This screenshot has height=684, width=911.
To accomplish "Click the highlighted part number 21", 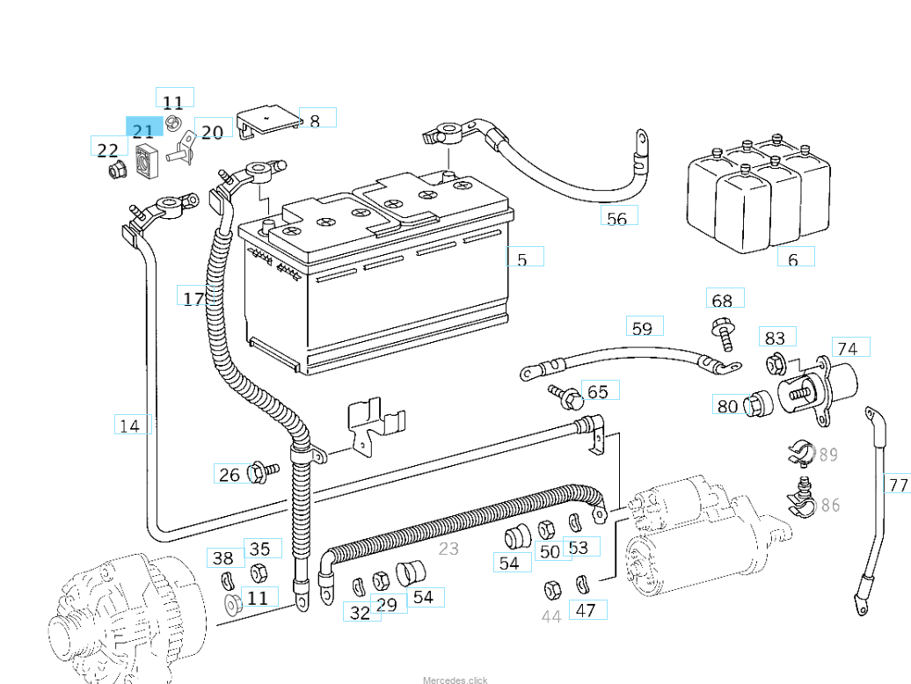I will tap(143, 131).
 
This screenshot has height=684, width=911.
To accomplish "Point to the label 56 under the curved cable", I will tap(617, 217).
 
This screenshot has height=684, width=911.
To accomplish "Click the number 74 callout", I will tap(849, 348).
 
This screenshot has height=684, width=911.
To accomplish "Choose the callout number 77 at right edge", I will tap(898, 484).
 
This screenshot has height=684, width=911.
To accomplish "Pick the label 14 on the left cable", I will tap(130, 426).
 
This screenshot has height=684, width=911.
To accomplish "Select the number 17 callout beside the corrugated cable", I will tap(193, 298).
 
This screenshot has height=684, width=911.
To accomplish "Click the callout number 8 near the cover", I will tap(316, 119).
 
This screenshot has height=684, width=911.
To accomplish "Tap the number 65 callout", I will tap(598, 391).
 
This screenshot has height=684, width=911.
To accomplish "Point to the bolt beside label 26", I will tap(260, 472).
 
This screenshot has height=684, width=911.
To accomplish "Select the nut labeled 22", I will tap(113, 171).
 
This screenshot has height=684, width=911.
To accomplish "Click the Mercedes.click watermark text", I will tap(455, 680).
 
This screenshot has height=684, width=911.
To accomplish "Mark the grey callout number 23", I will tap(448, 549).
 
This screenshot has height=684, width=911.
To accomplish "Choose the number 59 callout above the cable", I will tap(643, 328).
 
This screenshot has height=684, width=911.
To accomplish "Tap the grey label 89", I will tap(827, 455).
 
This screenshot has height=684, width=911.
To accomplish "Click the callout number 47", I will tap(587, 609).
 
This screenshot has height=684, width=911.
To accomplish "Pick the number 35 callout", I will tap(260, 549).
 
